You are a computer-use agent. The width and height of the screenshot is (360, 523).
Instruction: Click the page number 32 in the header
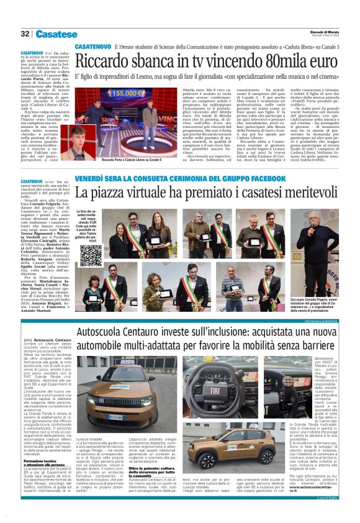pos(25,34)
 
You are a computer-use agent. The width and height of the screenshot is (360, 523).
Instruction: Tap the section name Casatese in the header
pos(56,34)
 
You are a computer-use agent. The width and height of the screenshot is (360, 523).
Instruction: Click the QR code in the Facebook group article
pos(91,255)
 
